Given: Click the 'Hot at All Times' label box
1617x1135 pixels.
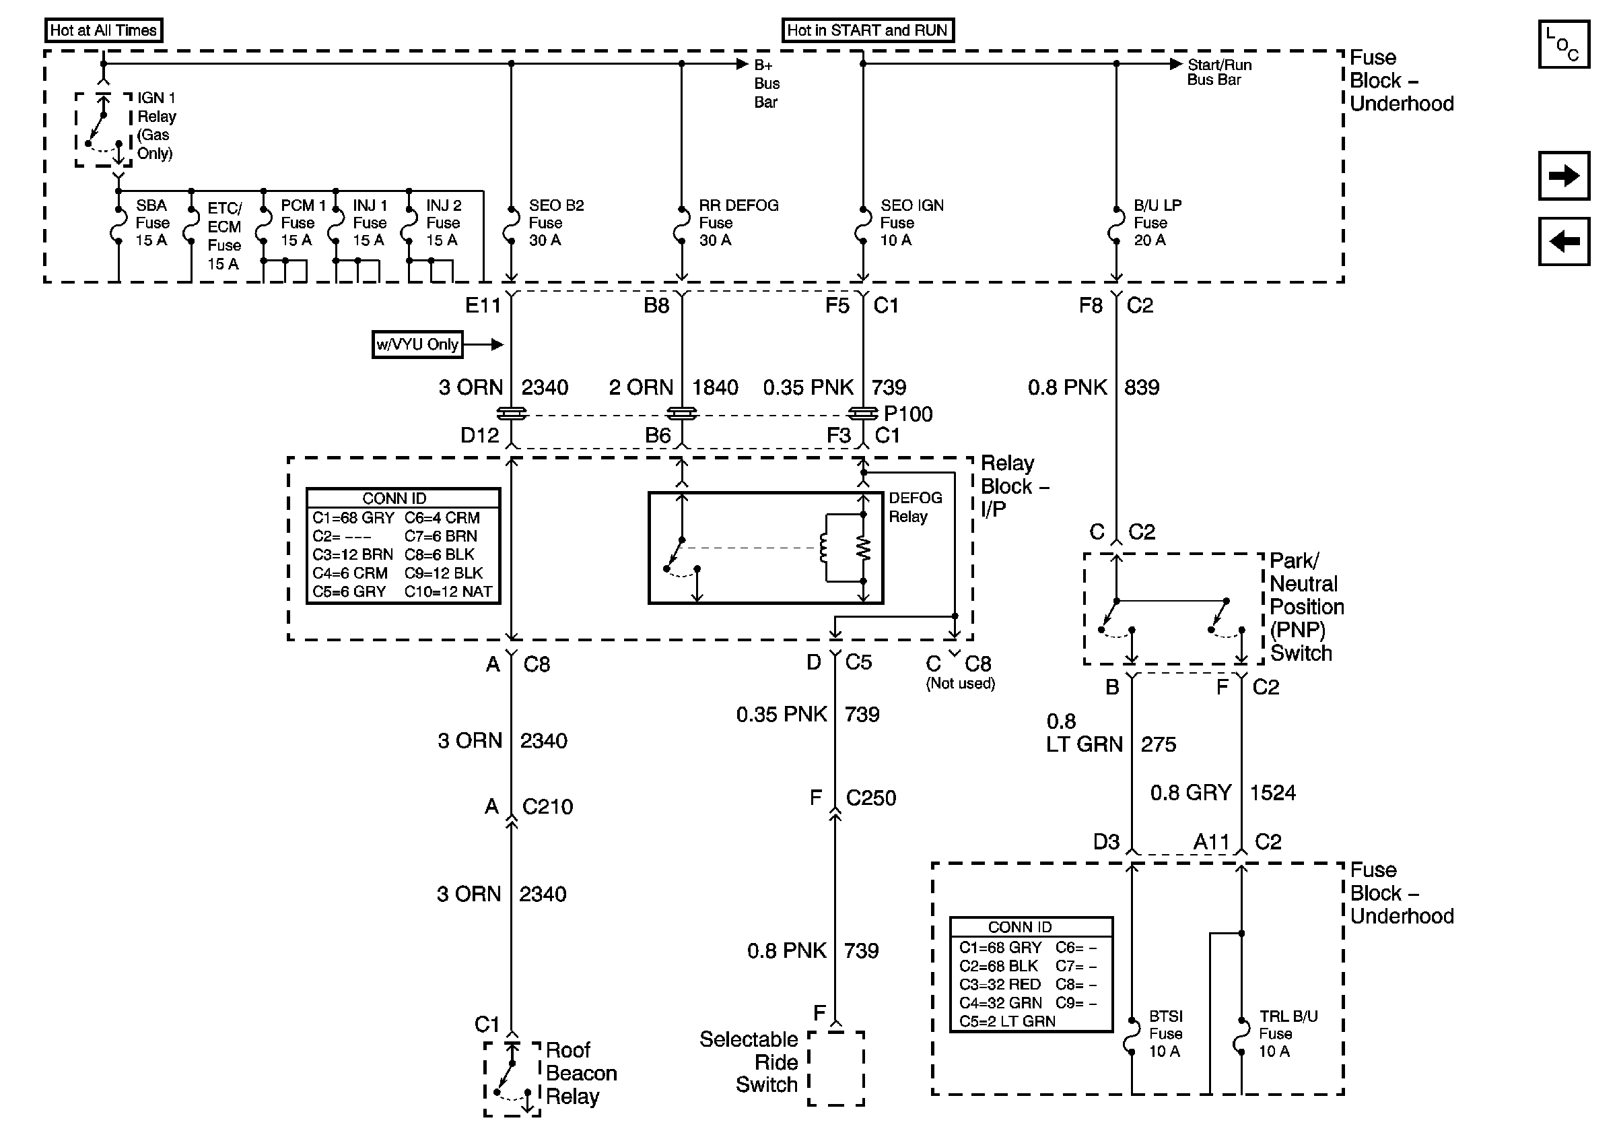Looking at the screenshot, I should pos(103,30).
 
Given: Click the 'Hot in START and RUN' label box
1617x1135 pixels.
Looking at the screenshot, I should pos(867,30).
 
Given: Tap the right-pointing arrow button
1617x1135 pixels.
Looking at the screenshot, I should pos(1562,175).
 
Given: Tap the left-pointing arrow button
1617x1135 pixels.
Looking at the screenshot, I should pos(1562,242).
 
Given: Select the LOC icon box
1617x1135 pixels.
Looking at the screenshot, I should pos(1562,44).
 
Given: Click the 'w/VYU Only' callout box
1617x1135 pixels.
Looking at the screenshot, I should pos(417,344).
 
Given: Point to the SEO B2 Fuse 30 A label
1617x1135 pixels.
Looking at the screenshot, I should pos(555,223).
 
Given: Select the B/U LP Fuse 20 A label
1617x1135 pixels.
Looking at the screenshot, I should pos(1157,223).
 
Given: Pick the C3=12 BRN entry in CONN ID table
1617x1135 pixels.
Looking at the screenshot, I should pos(352,554).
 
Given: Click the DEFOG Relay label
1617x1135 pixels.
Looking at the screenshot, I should pos(914,507).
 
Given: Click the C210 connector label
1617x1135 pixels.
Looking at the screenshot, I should pos(547,807).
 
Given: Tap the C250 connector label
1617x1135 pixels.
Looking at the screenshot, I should pos(870,798).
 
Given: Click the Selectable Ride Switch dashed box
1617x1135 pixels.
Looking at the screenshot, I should pos(835,1068).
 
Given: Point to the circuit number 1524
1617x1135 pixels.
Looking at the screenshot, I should pos(1272,793).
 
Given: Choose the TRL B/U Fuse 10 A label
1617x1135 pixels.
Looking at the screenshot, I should pos(1287,1033).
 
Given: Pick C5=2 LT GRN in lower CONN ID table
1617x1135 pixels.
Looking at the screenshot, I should pos(1006,1021).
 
